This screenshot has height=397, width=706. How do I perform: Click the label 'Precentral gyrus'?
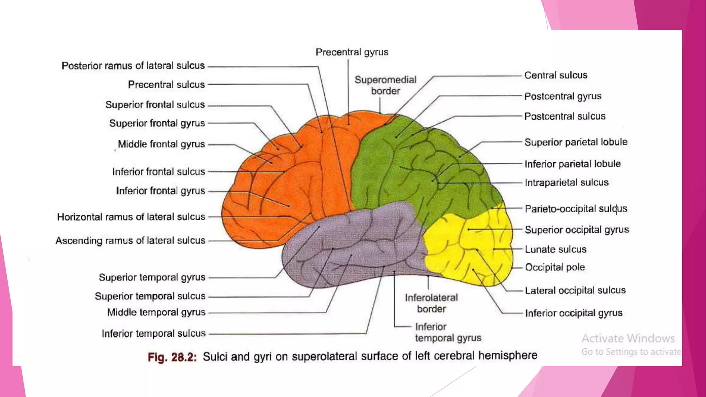(352, 52)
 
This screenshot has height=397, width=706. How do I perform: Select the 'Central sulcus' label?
(555, 75)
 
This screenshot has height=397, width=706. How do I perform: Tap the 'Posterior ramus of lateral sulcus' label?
(133, 65)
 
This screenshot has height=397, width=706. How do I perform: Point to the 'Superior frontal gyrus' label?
(157, 123)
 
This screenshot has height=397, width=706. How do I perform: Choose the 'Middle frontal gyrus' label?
(161, 144)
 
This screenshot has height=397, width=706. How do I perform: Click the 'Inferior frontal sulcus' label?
(158, 172)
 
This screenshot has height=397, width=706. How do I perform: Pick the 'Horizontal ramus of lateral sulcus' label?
(131, 217)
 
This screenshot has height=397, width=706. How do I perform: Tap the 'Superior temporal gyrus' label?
(152, 277)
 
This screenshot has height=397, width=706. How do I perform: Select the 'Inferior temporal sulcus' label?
(153, 334)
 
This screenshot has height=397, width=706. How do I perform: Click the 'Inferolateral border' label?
(431, 303)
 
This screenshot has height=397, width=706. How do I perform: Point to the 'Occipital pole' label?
(555, 267)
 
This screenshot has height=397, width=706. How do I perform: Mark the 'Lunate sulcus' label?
(555, 249)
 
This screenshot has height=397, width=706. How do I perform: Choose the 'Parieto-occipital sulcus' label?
(576, 208)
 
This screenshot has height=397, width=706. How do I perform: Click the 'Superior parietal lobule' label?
(576, 142)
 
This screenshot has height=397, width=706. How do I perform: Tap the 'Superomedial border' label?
(385, 85)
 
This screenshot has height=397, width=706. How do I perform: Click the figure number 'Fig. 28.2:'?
(172, 357)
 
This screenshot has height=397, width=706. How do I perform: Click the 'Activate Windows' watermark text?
(628, 338)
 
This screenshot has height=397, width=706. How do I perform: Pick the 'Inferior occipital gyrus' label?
(574, 313)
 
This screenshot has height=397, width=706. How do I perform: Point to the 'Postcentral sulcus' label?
(565, 116)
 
